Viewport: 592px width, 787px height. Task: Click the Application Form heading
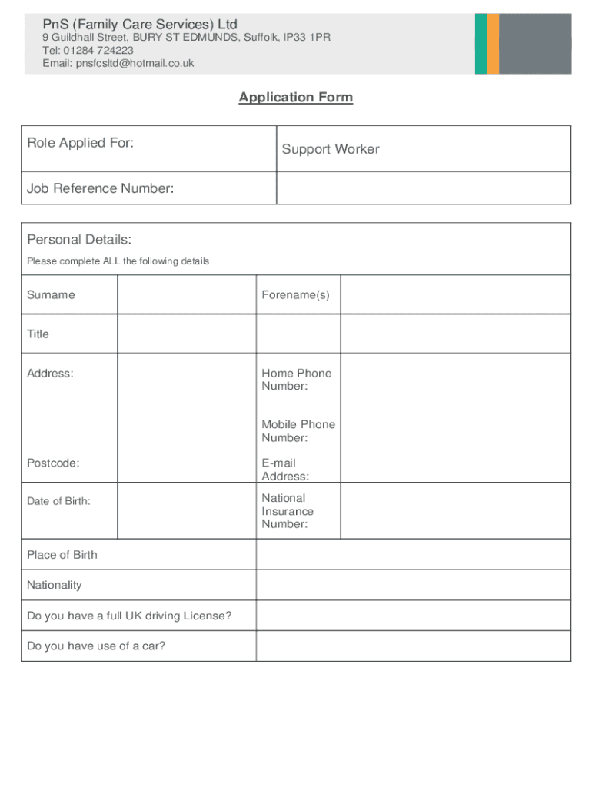pyautogui.click(x=295, y=98)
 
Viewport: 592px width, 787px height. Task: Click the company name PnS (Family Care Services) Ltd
pyautogui.click(x=140, y=25)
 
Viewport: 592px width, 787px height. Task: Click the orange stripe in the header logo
pyautogui.click(x=493, y=44)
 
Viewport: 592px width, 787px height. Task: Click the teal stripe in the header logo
pyautogui.click(x=481, y=44)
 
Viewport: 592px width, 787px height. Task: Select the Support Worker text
pyautogui.click(x=331, y=149)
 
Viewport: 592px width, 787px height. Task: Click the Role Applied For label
pyautogui.click(x=81, y=142)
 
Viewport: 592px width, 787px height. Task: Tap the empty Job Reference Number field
pyautogui.click(x=423, y=188)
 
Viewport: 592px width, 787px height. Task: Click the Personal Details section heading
pyautogui.click(x=79, y=240)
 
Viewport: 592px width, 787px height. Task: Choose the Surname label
pyautogui.click(x=51, y=295)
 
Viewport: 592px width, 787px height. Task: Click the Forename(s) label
pyautogui.click(x=295, y=295)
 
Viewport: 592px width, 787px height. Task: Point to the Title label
pyautogui.click(x=38, y=334)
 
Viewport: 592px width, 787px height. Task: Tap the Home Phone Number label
pyautogui.click(x=296, y=380)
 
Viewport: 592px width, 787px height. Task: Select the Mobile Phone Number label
pyautogui.click(x=298, y=431)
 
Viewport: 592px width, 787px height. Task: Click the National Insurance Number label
pyautogui.click(x=288, y=511)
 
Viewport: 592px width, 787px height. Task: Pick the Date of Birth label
pyautogui.click(x=58, y=501)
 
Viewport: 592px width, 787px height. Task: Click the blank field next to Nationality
pyautogui.click(x=413, y=585)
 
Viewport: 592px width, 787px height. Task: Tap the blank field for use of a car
pyautogui.click(x=413, y=646)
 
